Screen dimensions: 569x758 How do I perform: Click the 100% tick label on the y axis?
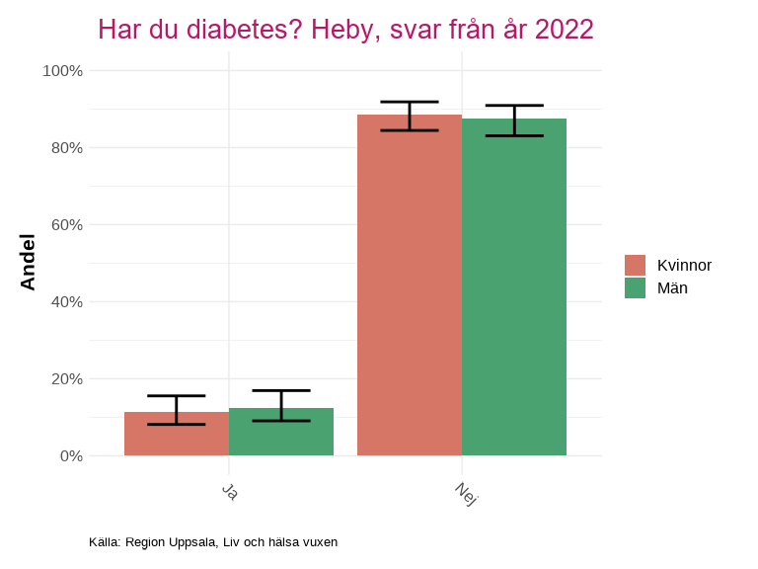point(62,71)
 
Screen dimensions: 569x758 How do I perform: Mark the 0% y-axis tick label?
point(69,456)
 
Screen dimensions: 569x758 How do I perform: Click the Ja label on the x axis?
point(229,491)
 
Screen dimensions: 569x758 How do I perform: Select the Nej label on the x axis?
point(466,494)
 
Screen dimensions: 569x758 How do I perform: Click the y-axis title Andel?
point(28,262)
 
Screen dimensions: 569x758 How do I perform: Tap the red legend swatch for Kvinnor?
point(635,265)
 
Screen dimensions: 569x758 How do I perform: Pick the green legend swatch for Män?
point(635,287)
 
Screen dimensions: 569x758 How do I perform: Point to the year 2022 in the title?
point(564,30)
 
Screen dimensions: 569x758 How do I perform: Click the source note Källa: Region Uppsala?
point(213,542)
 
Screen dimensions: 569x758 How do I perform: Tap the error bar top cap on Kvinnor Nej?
point(409,102)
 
